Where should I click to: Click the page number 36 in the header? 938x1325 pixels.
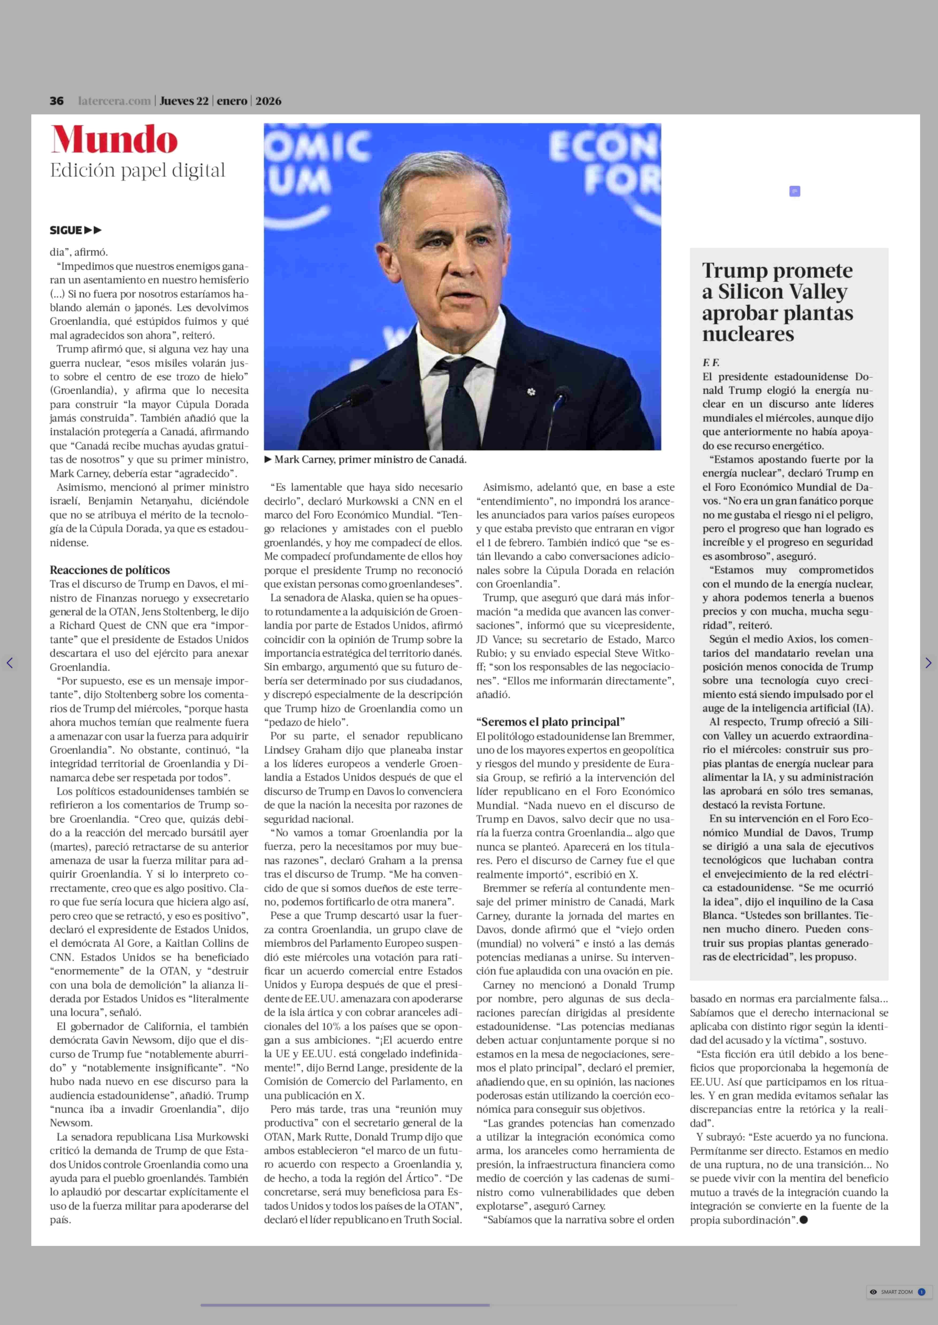click(57, 101)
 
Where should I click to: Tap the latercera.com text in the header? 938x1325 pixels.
click(114, 101)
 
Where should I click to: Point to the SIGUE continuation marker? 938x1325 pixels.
click(75, 230)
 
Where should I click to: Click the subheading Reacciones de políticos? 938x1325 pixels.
click(110, 570)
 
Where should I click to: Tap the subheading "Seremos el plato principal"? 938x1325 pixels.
click(551, 722)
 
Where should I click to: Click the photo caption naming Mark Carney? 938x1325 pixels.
click(370, 460)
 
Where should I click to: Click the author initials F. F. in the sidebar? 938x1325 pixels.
click(710, 363)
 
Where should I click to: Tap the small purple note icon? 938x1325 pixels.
click(795, 191)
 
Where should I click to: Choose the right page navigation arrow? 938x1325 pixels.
click(928, 663)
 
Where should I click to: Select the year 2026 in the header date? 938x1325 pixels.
click(268, 101)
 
